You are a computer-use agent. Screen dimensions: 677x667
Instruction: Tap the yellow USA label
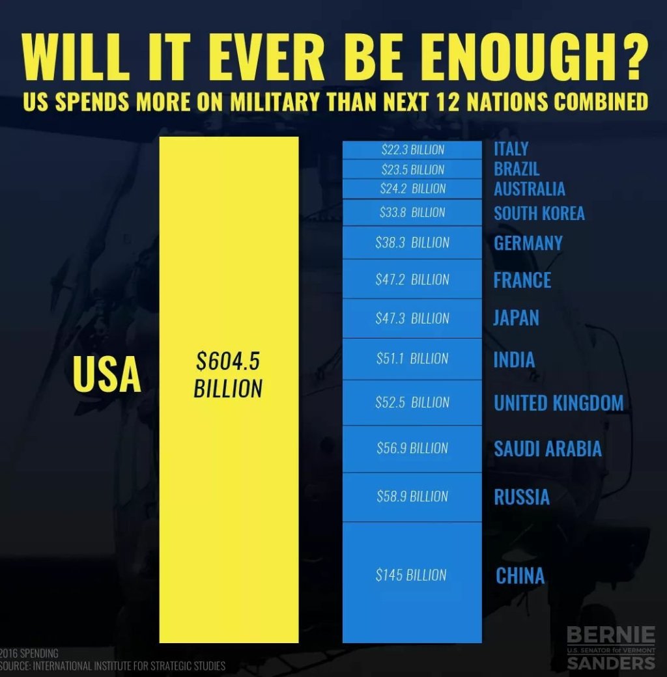107,374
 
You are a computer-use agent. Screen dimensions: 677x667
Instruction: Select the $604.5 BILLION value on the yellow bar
229,375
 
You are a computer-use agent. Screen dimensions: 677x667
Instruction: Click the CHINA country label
520,575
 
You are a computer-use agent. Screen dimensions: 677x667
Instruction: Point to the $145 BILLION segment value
411,575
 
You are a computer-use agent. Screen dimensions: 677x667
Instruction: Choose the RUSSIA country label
522,497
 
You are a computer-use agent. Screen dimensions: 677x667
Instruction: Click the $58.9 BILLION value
412,497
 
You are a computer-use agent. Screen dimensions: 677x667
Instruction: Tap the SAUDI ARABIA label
547,449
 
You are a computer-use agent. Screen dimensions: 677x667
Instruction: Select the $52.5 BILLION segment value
412,403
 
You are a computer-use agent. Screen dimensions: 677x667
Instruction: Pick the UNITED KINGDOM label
558,403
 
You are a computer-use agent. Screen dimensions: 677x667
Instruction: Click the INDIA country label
514,360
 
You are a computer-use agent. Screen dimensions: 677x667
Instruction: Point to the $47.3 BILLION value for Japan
412,319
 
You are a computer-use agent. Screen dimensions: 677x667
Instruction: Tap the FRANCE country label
522,280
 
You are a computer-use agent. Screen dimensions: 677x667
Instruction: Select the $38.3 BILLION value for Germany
412,243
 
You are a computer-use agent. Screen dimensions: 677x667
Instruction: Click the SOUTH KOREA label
539,213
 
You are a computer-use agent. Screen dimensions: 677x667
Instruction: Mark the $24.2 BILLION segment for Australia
412,189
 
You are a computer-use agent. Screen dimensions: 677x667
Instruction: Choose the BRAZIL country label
517,169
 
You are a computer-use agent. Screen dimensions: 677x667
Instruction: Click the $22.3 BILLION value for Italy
412,150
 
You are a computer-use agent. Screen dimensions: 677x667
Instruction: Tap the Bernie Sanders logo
610,648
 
